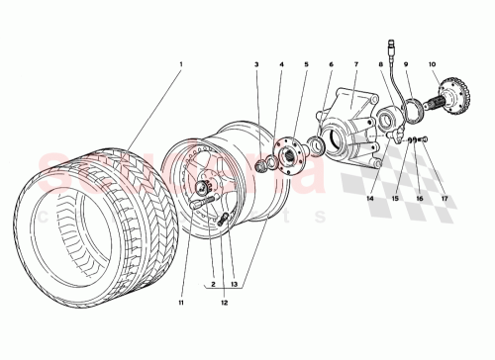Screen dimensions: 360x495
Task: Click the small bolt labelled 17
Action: coord(424,140)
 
